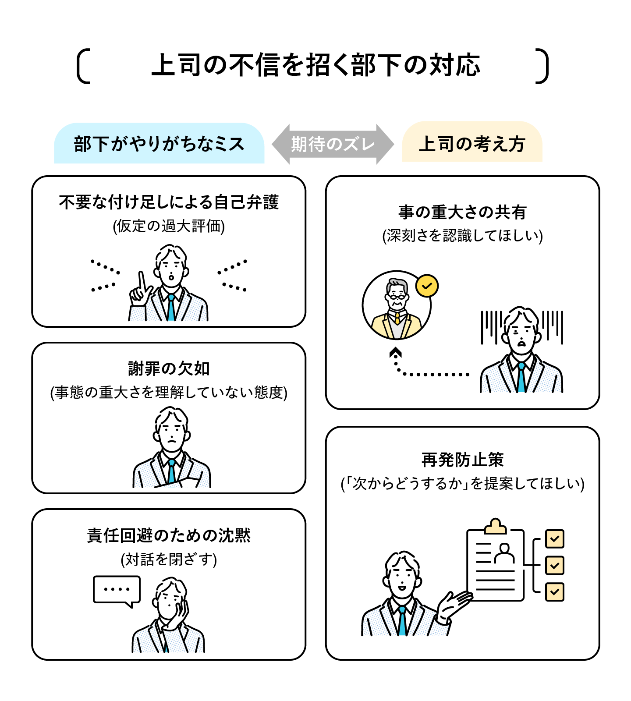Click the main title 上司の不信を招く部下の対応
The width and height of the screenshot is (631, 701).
pos(315,66)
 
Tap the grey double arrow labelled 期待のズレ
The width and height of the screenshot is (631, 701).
pos(333,144)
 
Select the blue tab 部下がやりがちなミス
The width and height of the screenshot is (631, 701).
pos(159,144)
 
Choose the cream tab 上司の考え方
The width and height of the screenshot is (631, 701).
pos(472,144)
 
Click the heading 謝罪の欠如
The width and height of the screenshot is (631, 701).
pos(169,368)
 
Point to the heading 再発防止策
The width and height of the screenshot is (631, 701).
pos(462,460)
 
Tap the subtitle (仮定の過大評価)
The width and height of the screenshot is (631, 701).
pos(169,226)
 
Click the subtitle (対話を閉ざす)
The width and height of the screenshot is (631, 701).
pos(169,559)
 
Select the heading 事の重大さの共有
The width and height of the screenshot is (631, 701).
pos(462,212)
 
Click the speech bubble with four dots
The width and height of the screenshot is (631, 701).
pos(117,590)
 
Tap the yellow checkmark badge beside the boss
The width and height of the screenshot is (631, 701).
pos(427,286)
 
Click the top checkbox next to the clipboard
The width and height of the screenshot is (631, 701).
pos(554,539)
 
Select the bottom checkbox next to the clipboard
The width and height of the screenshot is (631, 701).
pos(554,592)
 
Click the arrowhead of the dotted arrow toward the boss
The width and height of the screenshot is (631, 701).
pos(396,352)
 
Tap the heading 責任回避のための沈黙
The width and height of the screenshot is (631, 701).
pos(169,535)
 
